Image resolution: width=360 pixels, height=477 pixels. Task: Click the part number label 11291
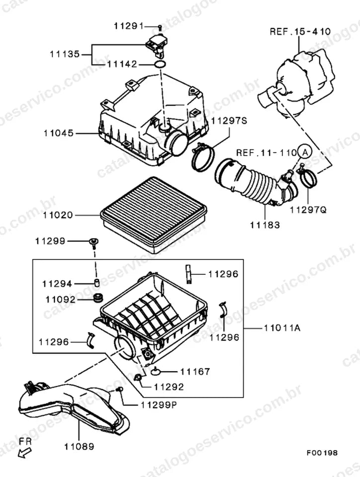pos(129,26)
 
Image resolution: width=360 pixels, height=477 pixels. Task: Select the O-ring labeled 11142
pos(160,64)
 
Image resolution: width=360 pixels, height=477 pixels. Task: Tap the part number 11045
pos(59,133)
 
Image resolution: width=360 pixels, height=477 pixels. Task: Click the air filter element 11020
pos(154,215)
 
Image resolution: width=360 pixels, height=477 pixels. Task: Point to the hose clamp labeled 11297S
pos(203,158)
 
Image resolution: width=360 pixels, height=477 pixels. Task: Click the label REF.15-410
pos(300,31)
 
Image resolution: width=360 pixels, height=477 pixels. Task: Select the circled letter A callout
pos(304,151)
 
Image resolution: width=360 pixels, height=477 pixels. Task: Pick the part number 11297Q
pos(308,210)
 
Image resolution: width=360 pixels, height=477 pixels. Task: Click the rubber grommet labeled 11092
pos(98,298)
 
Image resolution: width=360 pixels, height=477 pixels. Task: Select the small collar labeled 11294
pos(96,283)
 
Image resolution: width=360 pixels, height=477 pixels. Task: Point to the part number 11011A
pos(282,328)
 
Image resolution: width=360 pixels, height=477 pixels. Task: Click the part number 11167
pos(195,372)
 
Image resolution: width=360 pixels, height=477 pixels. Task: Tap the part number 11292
pos(169,387)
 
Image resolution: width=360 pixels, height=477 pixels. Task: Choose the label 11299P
pos(159,405)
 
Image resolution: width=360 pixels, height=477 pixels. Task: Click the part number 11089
pos(79,447)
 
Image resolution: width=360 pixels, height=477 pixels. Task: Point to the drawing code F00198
pos(322,453)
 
